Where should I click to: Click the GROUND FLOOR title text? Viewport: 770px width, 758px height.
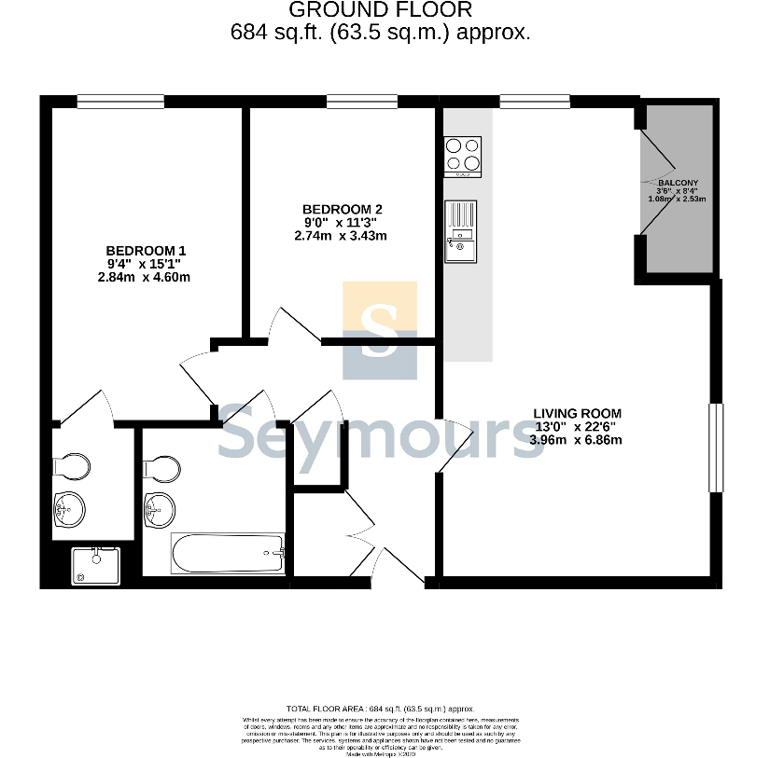380,10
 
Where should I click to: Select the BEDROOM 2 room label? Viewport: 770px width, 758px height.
342,209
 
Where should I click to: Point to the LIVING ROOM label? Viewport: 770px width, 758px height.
576,413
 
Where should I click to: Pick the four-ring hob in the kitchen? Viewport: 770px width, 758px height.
463,157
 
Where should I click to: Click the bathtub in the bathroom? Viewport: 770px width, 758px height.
227,553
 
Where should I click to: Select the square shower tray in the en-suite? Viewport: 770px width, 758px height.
96,566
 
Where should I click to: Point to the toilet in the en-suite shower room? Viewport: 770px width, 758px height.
70,463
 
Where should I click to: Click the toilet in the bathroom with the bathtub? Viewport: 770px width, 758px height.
160,466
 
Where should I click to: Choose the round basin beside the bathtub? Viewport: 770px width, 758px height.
160,509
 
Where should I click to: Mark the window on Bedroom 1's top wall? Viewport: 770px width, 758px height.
120,102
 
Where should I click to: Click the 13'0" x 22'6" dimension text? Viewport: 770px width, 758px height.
576,426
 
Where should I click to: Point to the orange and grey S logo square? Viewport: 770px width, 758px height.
380,330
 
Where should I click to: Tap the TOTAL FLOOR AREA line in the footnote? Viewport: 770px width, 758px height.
380,710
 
